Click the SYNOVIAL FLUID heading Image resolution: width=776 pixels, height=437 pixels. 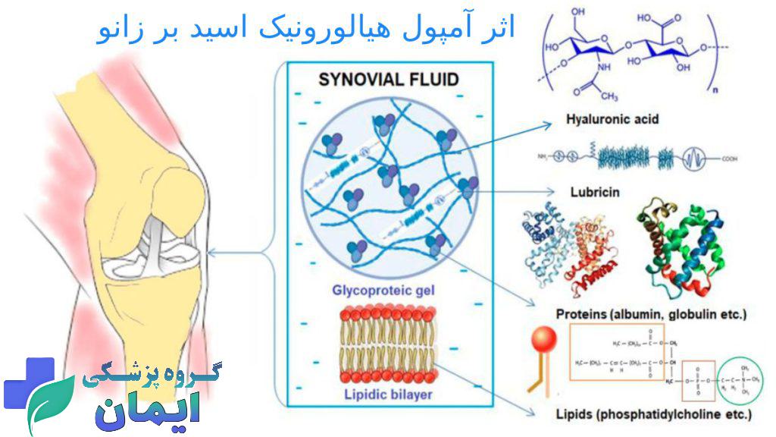pos(389,80)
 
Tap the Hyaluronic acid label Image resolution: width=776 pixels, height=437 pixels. pos(612,119)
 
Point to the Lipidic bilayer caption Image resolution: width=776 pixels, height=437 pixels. pos(388,393)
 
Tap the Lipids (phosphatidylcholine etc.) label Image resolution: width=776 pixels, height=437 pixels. pos(653,414)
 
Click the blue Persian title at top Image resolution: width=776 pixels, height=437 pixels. pos(307,29)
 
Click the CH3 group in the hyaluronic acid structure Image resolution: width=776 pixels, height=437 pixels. pos(609,97)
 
